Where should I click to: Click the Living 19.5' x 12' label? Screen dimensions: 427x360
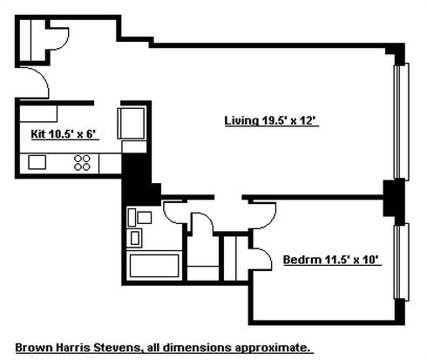tap(272, 120)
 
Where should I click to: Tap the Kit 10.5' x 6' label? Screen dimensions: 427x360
tap(64, 134)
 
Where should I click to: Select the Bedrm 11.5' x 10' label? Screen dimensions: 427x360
tap(332, 260)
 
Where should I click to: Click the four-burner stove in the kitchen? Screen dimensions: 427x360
tap(82, 163)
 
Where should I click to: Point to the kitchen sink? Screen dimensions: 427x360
tap(37, 162)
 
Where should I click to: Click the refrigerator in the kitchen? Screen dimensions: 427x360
tap(131, 124)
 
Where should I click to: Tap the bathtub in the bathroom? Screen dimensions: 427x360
tap(154, 266)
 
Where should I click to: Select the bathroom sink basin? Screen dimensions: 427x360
tap(135, 238)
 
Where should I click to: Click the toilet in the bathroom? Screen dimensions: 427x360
tap(139, 218)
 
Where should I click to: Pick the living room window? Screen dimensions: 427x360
tap(402, 121)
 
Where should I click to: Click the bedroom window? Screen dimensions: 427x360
tap(402, 262)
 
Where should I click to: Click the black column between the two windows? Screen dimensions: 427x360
tap(394, 198)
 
